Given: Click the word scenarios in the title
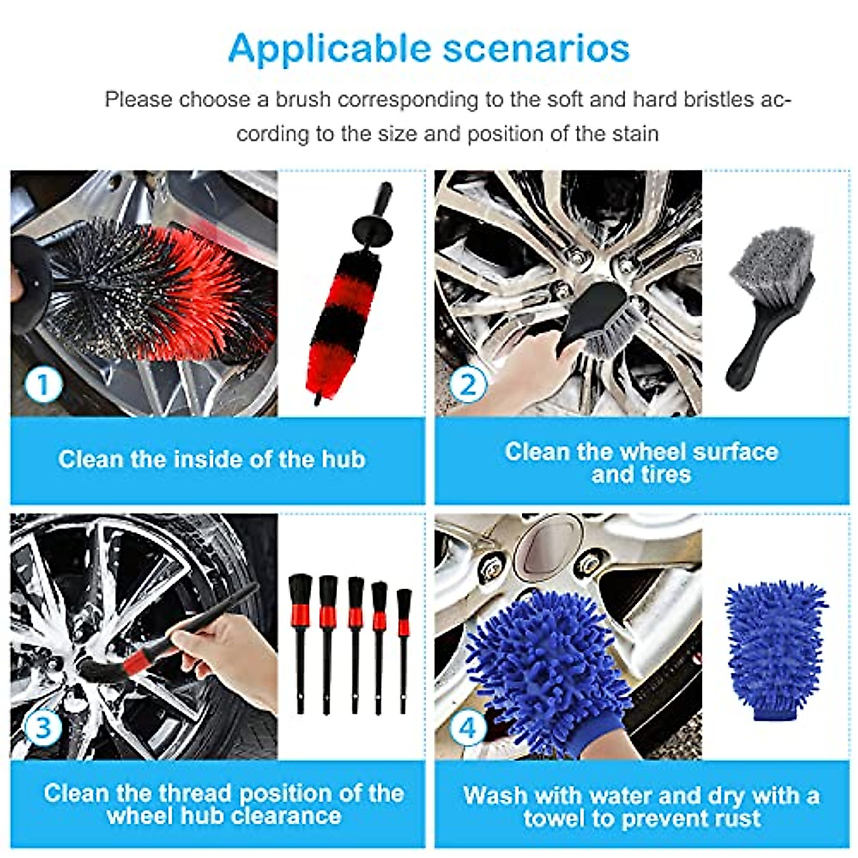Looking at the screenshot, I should [536, 49].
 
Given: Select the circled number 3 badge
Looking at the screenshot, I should [44, 728].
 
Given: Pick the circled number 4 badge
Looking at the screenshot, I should [468, 728].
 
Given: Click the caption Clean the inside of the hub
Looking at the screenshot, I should [212, 459].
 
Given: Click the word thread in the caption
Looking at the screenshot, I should [194, 793].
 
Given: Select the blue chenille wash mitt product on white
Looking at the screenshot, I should [776, 647].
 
